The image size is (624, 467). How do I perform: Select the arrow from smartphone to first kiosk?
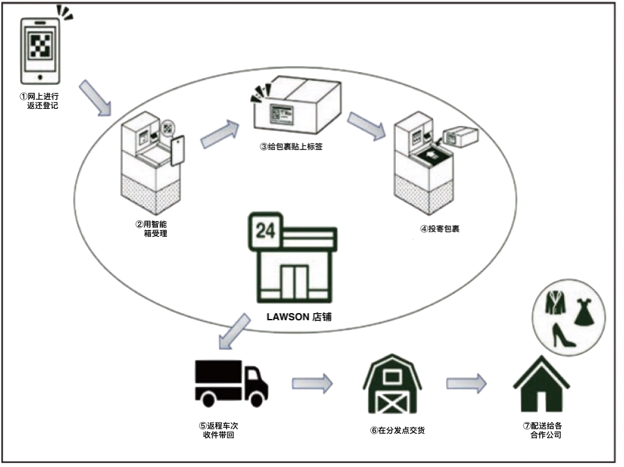tap(96, 98)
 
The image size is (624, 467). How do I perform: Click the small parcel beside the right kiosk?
tap(461, 136)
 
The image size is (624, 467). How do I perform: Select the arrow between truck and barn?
tap(312, 383)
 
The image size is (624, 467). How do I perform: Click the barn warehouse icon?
tap(393, 384)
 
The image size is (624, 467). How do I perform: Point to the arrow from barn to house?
tap(466, 383)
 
